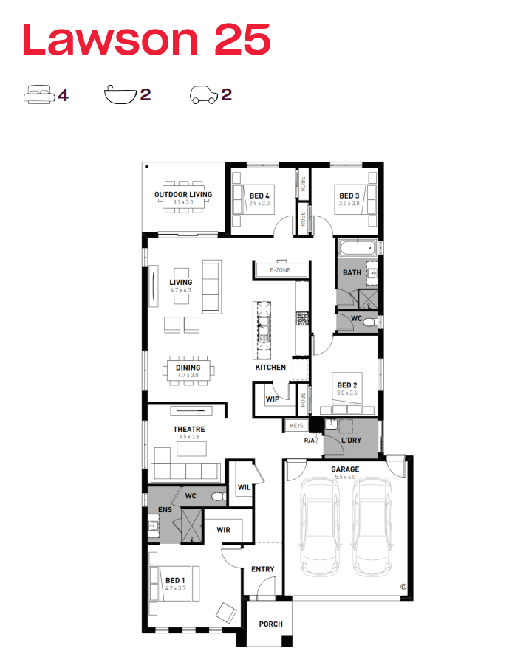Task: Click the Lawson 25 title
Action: (x=146, y=39)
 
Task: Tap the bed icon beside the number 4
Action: (x=39, y=94)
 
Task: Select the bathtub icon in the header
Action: (x=120, y=94)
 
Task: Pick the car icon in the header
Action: (x=204, y=94)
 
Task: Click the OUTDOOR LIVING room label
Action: (x=183, y=195)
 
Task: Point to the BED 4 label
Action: (x=259, y=196)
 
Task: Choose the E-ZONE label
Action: (x=280, y=269)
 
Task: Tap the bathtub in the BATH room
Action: (x=358, y=248)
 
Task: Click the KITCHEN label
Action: (x=270, y=368)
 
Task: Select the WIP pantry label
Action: (x=272, y=399)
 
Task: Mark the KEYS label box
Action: (x=296, y=426)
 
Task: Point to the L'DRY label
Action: (x=351, y=440)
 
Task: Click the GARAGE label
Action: (x=345, y=469)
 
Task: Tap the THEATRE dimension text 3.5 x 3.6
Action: (x=189, y=437)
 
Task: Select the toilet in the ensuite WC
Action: (x=219, y=496)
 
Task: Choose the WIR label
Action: (x=223, y=530)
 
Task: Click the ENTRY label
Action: (x=263, y=569)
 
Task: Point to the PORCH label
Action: (x=271, y=624)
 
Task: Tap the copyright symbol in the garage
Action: (x=403, y=587)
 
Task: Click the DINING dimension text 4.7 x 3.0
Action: (x=188, y=376)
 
